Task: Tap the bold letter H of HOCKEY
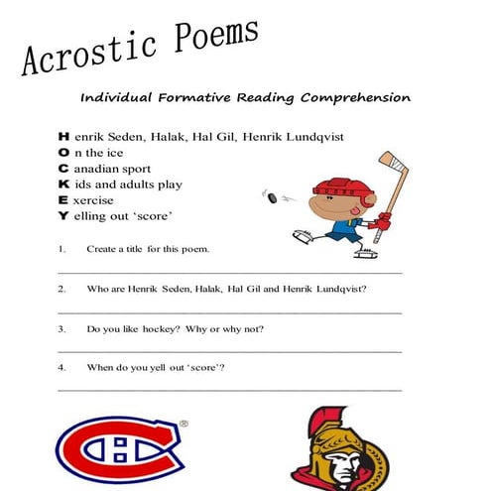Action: click(x=64, y=135)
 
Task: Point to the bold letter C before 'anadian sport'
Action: click(x=64, y=168)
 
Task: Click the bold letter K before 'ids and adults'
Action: click(x=64, y=184)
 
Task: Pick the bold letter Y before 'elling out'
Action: click(x=64, y=215)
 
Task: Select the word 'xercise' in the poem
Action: click(x=93, y=199)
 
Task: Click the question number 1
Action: click(x=61, y=248)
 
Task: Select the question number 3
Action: click(x=61, y=328)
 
